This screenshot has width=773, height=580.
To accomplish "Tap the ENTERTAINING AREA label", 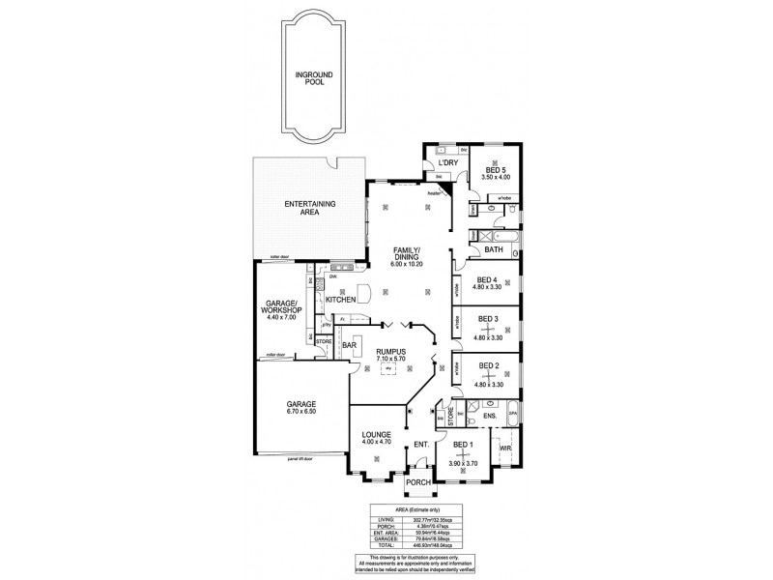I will [x=309, y=208].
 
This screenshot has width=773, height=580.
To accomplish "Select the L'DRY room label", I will [x=447, y=163].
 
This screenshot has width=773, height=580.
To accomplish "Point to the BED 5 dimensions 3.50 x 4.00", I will [x=497, y=177].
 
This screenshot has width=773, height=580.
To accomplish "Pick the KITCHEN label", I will [x=341, y=301].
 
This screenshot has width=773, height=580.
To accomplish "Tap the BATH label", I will [x=493, y=250].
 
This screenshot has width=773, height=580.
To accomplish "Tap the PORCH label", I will [x=419, y=483].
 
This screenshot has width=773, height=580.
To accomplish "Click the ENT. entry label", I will [x=420, y=444].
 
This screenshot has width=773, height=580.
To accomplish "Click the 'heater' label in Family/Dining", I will [x=434, y=194].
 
